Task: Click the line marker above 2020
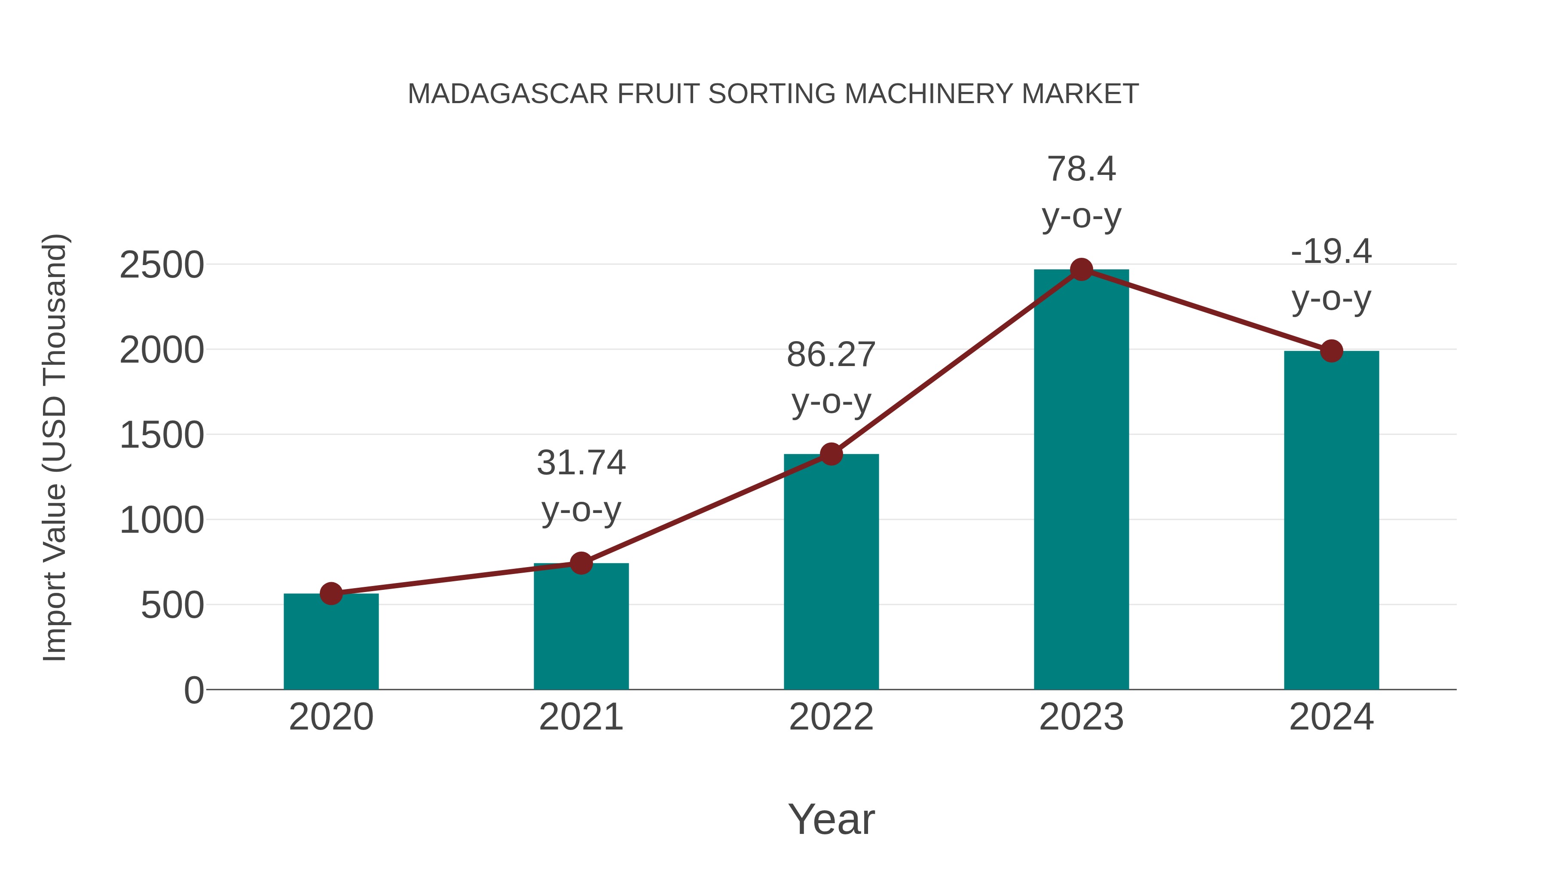pyautogui.click(x=331, y=594)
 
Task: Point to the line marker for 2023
pyautogui.click(x=1081, y=269)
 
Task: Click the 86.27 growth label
pyautogui.click(x=831, y=355)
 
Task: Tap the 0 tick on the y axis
pyautogui.click(x=193, y=690)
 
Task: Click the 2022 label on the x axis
pyautogui.click(x=831, y=717)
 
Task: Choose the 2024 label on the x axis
pyautogui.click(x=1331, y=717)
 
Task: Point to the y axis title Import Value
pyautogui.click(x=54, y=447)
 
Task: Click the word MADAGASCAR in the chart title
pyautogui.click(x=508, y=94)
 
